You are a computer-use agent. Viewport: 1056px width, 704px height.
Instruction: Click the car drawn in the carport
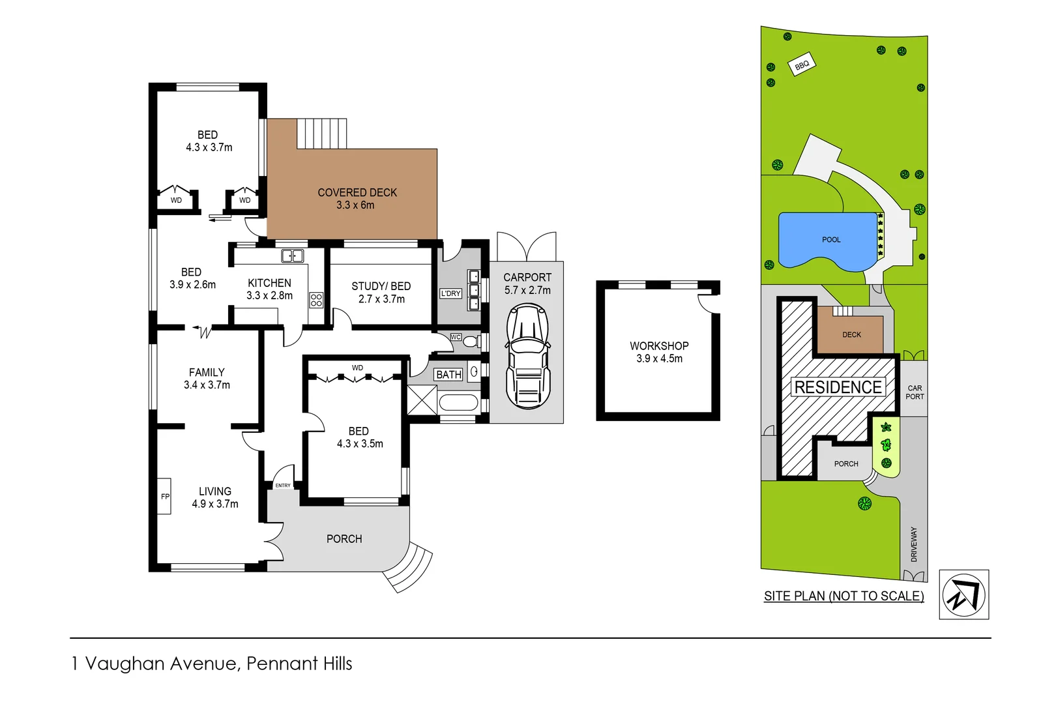pyautogui.click(x=528, y=357)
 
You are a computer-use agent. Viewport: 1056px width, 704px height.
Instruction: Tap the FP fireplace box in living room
pyautogui.click(x=164, y=497)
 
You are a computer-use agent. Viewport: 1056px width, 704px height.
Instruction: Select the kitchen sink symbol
pyautogui.click(x=292, y=256)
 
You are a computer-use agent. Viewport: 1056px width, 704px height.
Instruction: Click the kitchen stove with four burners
pyautogui.click(x=316, y=300)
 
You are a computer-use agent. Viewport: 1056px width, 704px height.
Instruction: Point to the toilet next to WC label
pyautogui.click(x=471, y=341)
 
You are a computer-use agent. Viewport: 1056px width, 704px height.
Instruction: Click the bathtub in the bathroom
pyautogui.click(x=459, y=402)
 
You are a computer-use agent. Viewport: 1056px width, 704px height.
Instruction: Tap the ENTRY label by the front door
pyautogui.click(x=283, y=486)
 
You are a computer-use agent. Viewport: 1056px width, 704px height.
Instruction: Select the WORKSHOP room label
pyautogui.click(x=659, y=346)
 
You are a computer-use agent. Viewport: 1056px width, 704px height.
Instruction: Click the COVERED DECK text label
pyautogui.click(x=357, y=193)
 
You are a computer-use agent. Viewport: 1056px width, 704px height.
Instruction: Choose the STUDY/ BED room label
pyautogui.click(x=381, y=286)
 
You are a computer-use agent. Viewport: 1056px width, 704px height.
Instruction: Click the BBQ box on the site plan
pyautogui.click(x=802, y=65)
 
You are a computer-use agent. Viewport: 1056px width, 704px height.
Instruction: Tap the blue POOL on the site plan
pyautogui.click(x=828, y=240)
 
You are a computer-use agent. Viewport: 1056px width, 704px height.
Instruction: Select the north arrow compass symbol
pyautogui.click(x=964, y=594)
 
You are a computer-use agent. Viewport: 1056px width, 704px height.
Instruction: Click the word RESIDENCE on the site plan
pyautogui.click(x=838, y=387)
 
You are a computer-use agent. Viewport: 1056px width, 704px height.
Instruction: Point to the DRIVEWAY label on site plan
pyautogui.click(x=914, y=544)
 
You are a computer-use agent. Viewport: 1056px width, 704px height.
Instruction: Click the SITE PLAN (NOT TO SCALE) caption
pyautogui.click(x=843, y=596)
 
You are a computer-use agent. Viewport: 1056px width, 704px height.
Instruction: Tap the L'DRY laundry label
pyautogui.click(x=450, y=294)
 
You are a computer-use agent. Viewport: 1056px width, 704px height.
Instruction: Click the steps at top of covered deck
pyautogui.click(x=322, y=134)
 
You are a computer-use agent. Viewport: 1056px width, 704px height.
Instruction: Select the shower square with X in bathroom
pyautogui.click(x=422, y=400)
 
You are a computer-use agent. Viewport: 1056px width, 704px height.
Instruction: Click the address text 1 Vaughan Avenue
pyautogui.click(x=211, y=664)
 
